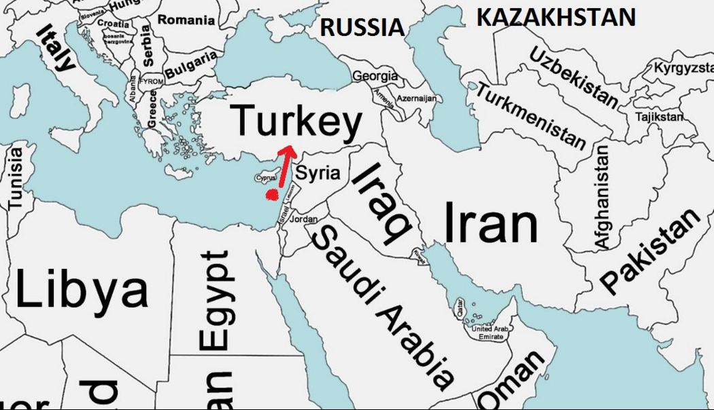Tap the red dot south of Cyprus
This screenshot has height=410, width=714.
[272, 195]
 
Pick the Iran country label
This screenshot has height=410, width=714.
[491, 224]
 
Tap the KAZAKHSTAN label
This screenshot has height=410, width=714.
[556, 17]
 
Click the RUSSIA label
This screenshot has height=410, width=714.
[362, 27]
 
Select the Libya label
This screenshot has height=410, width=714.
[81, 288]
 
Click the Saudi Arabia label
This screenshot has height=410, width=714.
[384, 307]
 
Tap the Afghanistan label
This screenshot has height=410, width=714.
[602, 196]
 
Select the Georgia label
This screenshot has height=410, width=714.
[375, 76]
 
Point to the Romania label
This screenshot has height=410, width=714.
[186, 19]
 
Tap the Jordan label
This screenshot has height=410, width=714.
[303, 220]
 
